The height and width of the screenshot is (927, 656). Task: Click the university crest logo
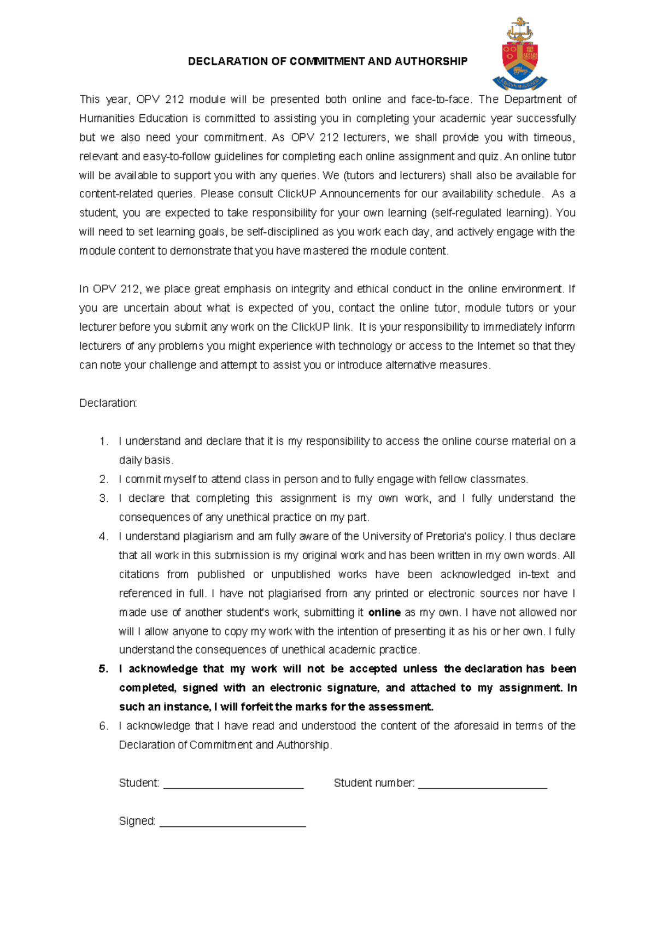click(x=519, y=54)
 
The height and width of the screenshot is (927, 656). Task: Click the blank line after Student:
click(x=233, y=787)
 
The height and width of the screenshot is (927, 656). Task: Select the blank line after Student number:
click(x=482, y=787)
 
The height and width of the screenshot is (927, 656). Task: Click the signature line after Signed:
click(x=232, y=825)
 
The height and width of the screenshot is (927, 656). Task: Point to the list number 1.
click(x=103, y=442)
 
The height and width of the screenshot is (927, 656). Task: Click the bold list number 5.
click(x=103, y=669)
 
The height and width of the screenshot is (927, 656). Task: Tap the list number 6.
click(x=103, y=726)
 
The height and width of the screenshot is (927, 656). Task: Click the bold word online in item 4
click(x=384, y=613)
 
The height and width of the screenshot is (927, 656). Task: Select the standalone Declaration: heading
click(x=108, y=403)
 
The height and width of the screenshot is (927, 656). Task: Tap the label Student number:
click(x=374, y=783)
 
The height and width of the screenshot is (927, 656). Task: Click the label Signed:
click(x=137, y=822)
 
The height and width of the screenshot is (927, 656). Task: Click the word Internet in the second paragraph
click(x=496, y=347)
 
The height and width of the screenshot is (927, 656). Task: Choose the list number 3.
click(x=103, y=498)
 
